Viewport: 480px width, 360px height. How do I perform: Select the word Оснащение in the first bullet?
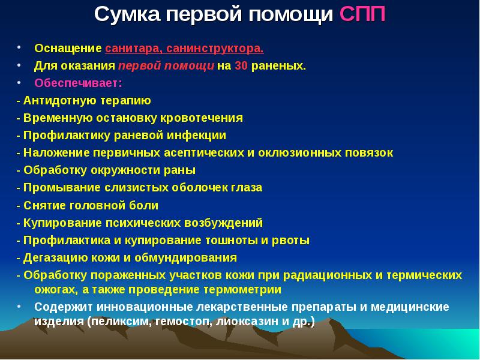click(x=68, y=48)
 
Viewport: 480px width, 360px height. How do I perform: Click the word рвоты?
click(x=293, y=240)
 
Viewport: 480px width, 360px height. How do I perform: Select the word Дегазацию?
click(x=50, y=258)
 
